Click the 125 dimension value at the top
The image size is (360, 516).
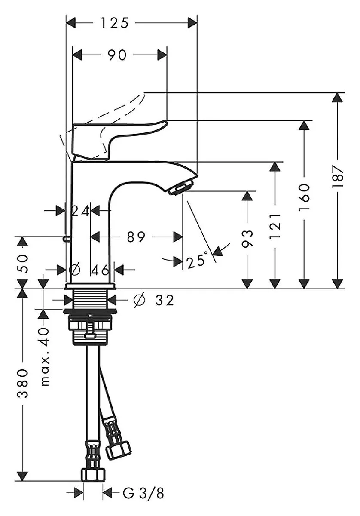click(x=115, y=23)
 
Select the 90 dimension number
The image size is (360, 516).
click(x=117, y=55)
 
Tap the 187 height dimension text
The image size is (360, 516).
click(x=338, y=176)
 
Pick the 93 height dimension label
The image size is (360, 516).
click(x=247, y=238)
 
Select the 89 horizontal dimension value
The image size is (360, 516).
click(x=136, y=237)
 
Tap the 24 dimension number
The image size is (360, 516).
click(x=81, y=211)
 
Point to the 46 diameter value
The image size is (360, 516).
click(x=100, y=270)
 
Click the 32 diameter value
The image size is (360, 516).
click(x=165, y=300)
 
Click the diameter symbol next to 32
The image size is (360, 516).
click(x=139, y=300)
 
